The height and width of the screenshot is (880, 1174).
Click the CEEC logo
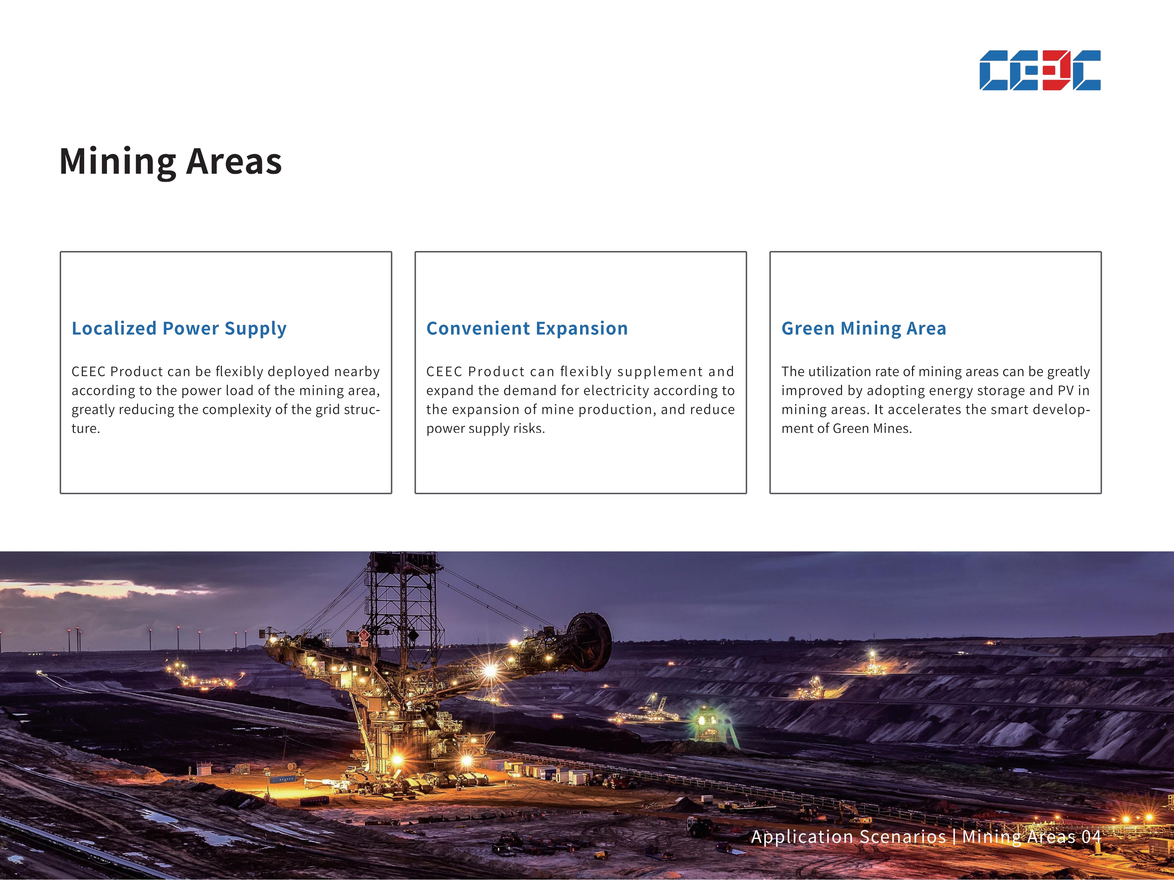coord(1040,71)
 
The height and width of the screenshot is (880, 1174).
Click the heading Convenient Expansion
coord(527,329)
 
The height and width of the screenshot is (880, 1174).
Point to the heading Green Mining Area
coord(863,329)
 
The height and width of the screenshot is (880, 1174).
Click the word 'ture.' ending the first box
coord(86,429)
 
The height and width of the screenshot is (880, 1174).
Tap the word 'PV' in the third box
coord(1066,391)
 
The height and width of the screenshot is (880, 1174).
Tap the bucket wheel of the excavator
coord(589,641)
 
